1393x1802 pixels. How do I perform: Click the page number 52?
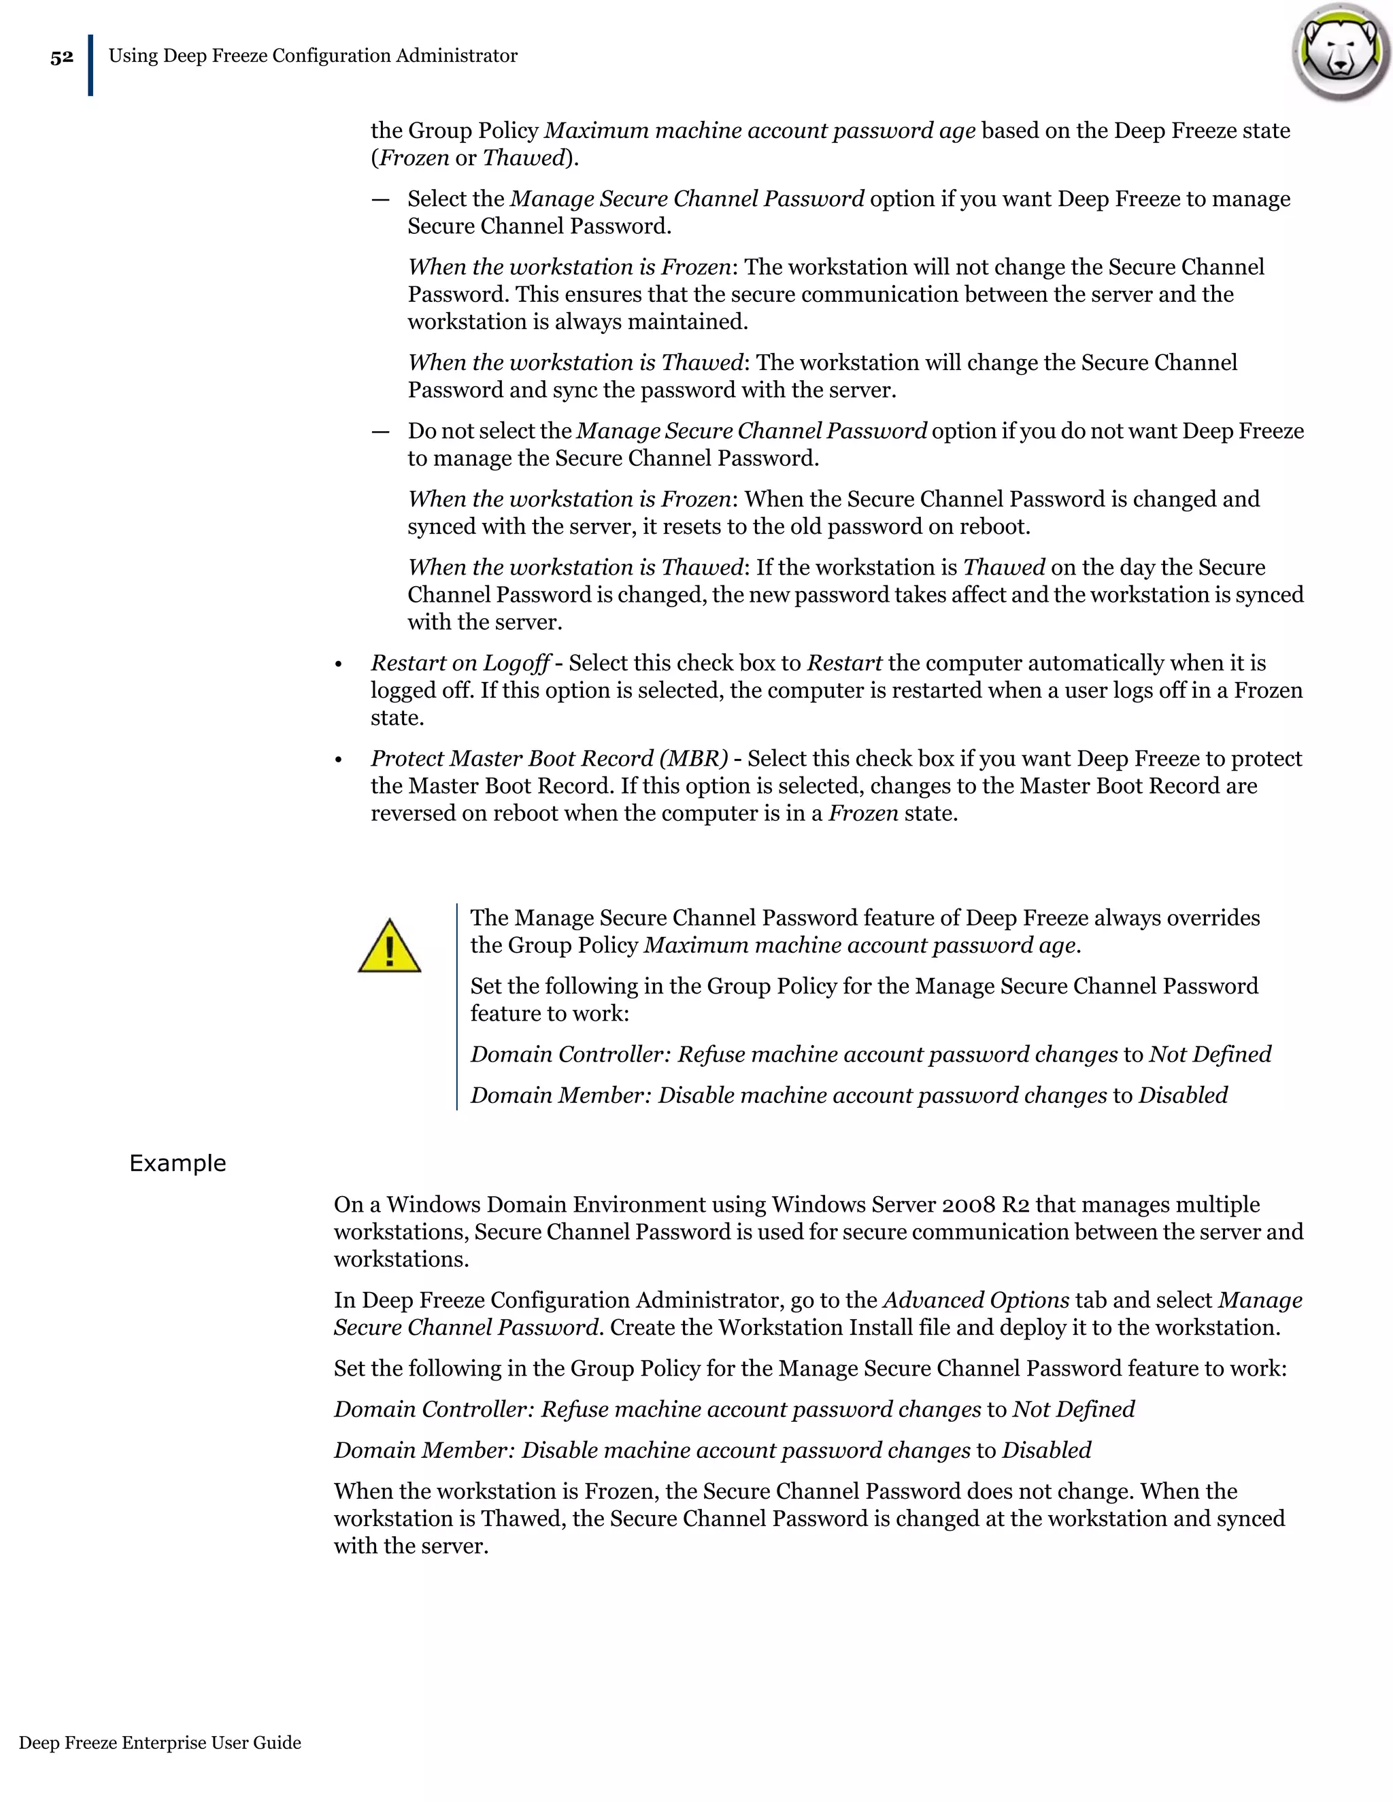coord(62,58)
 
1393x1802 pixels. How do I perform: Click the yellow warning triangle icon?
coord(390,947)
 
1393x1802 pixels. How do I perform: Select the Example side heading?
coord(178,1163)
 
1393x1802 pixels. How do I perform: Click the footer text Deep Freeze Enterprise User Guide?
coord(160,1743)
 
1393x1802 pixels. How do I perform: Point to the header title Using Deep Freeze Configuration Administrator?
coord(313,56)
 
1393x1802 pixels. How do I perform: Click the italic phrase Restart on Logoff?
coord(460,664)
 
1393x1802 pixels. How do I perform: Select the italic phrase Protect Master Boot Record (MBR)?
coord(549,759)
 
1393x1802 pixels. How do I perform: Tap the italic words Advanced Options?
coord(976,1300)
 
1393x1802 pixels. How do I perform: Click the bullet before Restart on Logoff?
coord(338,665)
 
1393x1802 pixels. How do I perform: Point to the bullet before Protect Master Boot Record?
coord(338,761)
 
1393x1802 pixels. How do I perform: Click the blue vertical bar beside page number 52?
coord(90,65)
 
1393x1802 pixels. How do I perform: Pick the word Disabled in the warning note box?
coord(1183,1095)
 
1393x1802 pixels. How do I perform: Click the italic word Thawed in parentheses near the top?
coord(523,158)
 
